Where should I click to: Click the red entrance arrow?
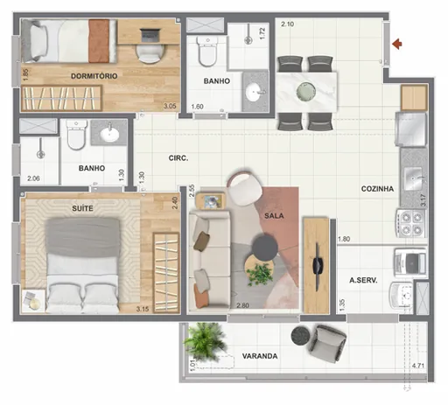pos(399,42)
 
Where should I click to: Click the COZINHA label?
pos(377,189)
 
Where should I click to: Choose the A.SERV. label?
pos(362,281)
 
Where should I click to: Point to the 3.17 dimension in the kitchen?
pos(423,201)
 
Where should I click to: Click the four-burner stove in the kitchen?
pos(411,223)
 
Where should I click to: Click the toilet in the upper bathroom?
pos(207,55)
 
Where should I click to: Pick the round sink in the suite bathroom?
pos(110,135)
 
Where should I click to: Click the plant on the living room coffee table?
pos(260,274)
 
